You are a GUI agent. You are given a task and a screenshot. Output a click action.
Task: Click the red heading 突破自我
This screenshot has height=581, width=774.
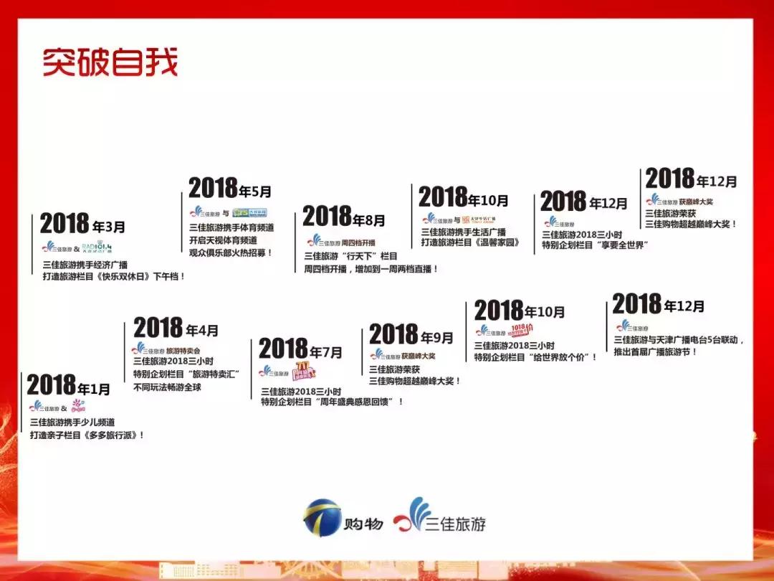(109, 62)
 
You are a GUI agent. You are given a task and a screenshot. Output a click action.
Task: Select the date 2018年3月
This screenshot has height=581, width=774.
(82, 225)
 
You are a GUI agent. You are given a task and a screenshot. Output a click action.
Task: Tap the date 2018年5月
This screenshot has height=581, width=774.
(230, 189)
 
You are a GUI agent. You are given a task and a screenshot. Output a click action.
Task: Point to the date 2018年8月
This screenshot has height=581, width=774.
(343, 217)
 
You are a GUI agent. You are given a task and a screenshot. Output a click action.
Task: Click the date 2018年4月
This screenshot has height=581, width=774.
(176, 329)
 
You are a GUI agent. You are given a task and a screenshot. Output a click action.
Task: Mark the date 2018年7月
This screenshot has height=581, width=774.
(300, 350)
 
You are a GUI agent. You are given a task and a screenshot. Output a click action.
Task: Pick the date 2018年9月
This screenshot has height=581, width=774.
(411, 335)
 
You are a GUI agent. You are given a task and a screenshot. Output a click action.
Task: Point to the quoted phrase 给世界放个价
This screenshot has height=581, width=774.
(563, 356)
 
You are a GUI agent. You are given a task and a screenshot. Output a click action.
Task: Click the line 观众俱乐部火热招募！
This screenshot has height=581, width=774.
(231, 252)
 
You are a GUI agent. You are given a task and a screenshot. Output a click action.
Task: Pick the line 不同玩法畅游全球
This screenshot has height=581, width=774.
(168, 387)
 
